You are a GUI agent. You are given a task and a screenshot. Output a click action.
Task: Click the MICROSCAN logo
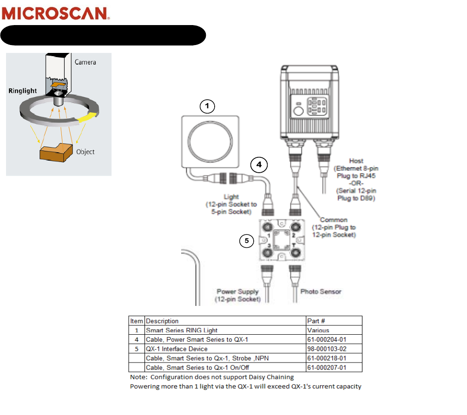point(56,13)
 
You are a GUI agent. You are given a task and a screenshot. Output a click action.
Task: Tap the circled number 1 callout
point(208,106)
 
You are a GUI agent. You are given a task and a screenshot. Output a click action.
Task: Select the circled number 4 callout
point(259,164)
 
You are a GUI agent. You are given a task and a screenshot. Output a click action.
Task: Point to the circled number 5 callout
point(247,240)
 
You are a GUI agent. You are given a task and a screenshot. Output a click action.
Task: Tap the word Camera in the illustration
point(86,62)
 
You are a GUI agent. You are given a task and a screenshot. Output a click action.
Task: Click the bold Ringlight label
point(22,91)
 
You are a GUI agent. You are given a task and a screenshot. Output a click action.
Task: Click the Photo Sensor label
point(321,292)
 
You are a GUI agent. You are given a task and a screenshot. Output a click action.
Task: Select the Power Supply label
point(237,292)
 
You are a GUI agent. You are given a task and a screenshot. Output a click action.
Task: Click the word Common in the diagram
point(334,220)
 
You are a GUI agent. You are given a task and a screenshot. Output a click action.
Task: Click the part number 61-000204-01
point(327,339)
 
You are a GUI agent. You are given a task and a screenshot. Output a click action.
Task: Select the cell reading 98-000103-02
point(327,349)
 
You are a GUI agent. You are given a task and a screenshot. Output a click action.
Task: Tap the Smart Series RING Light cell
point(182,331)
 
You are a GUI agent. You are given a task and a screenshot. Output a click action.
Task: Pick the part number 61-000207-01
point(327,368)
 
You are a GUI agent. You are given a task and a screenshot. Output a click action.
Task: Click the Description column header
point(162,321)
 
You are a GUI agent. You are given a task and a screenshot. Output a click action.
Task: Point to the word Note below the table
point(138,377)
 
